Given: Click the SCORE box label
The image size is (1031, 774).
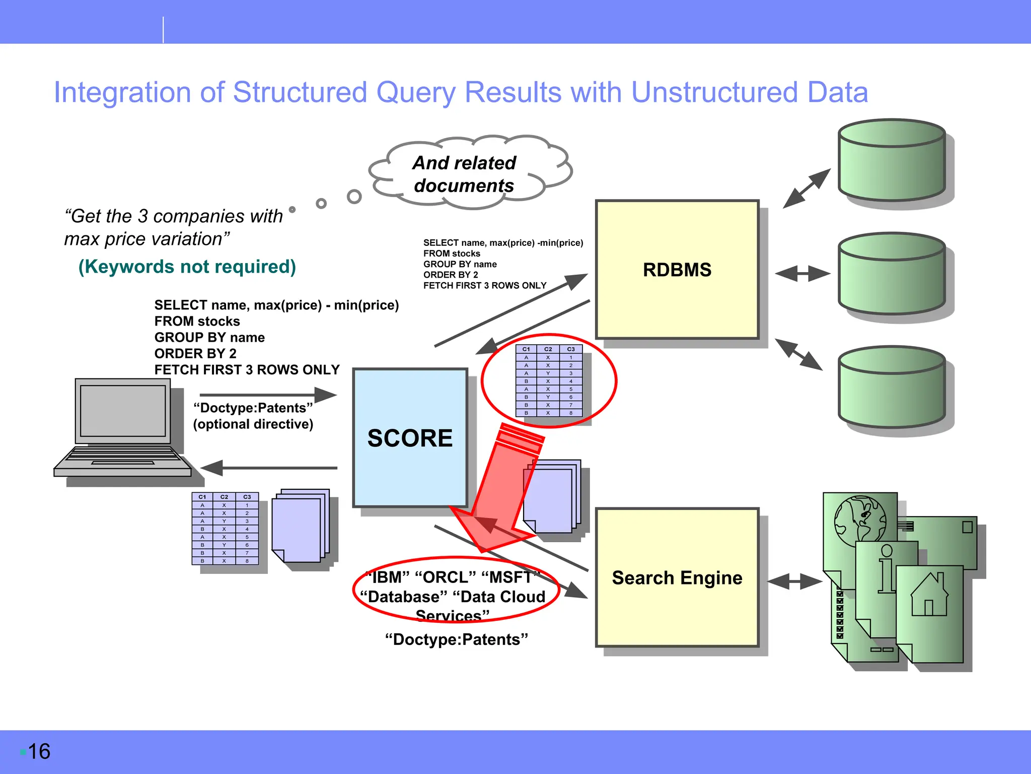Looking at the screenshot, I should [410, 438].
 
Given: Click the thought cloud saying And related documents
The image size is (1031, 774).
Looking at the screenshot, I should [464, 174].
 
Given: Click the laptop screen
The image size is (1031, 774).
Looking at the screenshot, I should [123, 411].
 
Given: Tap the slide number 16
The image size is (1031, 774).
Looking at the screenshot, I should [39, 751].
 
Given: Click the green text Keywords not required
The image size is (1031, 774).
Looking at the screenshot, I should [187, 267].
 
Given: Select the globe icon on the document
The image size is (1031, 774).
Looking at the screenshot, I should [860, 519].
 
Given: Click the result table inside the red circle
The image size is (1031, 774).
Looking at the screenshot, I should [549, 381].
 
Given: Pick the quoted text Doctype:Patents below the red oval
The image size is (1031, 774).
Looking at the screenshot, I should [456, 639].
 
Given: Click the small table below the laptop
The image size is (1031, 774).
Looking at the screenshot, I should [225, 528].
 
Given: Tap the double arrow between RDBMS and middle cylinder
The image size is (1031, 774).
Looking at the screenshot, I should [802, 274].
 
